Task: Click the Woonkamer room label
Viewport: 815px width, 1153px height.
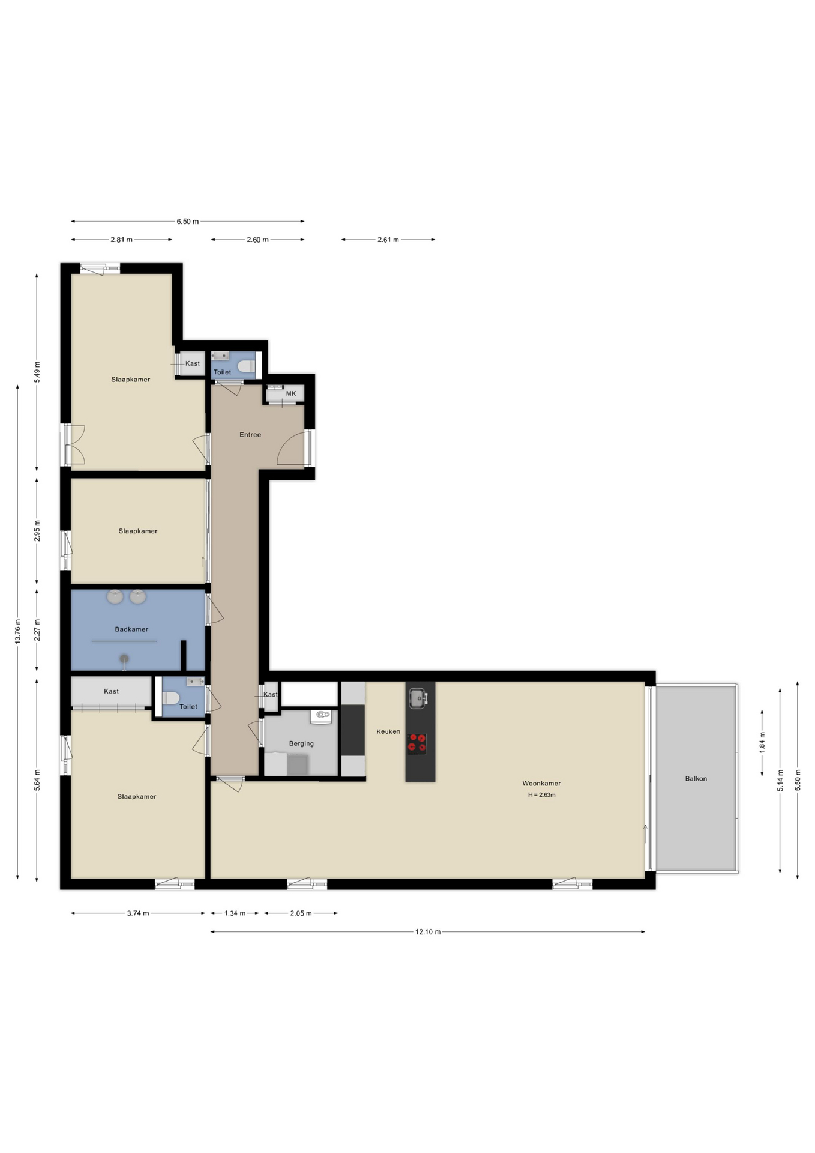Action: (541, 783)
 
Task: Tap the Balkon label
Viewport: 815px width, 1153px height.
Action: (696, 778)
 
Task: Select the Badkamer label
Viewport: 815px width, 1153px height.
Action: (131, 629)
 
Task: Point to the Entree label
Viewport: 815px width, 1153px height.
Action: (250, 434)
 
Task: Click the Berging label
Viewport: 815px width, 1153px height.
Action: (301, 743)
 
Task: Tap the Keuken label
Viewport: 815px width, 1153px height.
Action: (388, 731)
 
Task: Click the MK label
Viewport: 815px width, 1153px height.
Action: (291, 393)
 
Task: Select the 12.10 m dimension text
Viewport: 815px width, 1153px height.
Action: (428, 931)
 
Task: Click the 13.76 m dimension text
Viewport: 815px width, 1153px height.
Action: (18, 631)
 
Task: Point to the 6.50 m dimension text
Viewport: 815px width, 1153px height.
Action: (187, 221)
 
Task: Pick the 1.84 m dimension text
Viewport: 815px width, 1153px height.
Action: (762, 742)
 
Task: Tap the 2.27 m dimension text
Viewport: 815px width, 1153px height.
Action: (37, 630)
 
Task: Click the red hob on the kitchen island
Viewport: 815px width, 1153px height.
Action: (417, 743)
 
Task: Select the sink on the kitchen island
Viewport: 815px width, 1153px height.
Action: (418, 697)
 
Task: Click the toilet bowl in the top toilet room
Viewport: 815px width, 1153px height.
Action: (246, 366)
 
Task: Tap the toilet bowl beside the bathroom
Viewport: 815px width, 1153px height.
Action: (171, 698)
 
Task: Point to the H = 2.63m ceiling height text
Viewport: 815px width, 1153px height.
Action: (541, 794)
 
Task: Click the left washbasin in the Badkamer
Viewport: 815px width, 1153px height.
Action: (115, 596)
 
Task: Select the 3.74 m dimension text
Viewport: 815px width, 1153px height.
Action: (138, 913)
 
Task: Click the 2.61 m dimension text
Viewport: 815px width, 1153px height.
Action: (388, 239)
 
